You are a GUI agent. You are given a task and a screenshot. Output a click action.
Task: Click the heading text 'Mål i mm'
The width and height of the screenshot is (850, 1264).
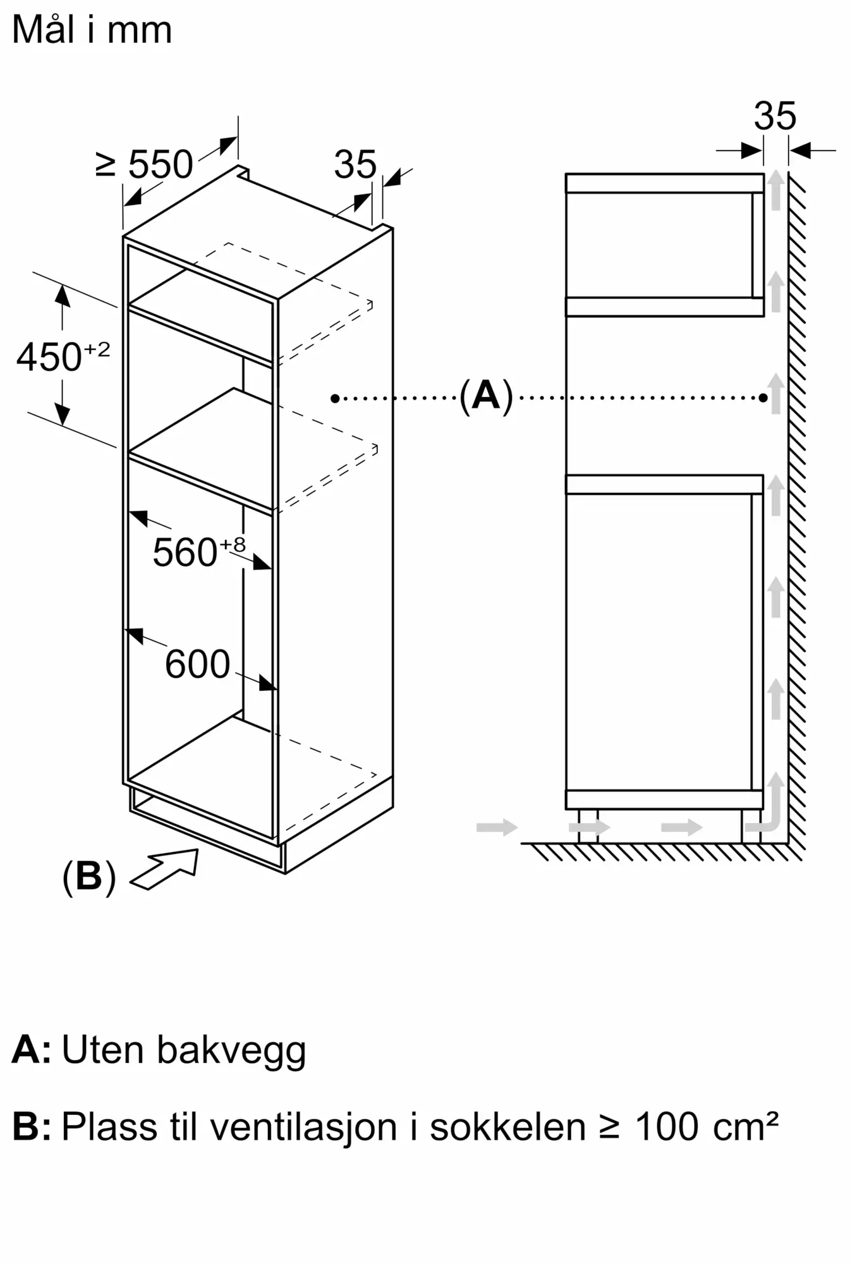92,29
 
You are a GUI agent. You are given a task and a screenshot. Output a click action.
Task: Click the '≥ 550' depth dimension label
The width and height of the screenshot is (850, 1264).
144,164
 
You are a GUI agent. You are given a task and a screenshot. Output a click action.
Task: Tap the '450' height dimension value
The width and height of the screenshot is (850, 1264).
49,357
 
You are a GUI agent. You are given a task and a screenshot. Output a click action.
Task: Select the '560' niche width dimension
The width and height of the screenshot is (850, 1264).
185,552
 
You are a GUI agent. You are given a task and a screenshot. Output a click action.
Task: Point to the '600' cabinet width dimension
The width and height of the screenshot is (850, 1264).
197,664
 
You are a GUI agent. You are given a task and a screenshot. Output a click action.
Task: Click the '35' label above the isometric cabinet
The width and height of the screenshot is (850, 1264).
355,165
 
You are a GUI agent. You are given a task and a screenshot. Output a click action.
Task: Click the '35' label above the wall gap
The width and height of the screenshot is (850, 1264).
775,116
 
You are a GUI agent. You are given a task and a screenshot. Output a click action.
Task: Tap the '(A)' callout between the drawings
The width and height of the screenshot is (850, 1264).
485,396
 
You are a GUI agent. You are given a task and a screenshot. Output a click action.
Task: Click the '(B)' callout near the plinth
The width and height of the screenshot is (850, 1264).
89,876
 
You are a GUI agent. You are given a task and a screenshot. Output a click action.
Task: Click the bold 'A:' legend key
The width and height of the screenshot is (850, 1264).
32,1050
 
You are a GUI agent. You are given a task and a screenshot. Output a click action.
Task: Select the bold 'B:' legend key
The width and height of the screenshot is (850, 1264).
32,1127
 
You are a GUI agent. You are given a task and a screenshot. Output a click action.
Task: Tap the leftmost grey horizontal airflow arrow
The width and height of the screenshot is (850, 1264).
497,827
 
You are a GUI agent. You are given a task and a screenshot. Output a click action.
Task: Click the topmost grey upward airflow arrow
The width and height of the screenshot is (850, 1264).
775,190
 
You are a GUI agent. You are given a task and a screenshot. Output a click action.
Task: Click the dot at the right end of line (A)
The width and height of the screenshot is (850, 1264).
763,398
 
